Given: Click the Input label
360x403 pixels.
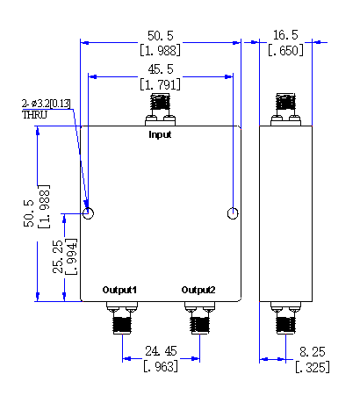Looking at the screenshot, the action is (160, 134).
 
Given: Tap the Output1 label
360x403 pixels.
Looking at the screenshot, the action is (119, 290).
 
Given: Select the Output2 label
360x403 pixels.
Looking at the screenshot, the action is (198, 290).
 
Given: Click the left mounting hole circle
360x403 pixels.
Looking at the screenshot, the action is (89, 213).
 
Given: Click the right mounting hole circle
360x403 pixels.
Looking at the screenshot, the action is (233, 213).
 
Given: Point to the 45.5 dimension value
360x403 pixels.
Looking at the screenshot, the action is (161, 69).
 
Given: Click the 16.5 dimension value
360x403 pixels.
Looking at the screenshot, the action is (285, 35).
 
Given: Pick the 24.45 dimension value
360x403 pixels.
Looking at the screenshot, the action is (161, 351).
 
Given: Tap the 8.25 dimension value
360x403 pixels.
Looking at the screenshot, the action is (313, 352).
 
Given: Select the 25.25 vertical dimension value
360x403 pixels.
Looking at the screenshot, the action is (58, 257).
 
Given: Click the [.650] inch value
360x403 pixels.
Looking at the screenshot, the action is (285, 51).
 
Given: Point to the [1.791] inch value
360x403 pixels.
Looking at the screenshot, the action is (160, 85).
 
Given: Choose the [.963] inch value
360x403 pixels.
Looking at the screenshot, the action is (161, 366).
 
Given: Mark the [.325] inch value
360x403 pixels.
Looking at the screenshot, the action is (313, 367).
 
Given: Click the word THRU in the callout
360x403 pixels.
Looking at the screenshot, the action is (34, 115).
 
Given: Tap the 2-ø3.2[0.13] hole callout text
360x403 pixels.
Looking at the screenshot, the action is (47, 104).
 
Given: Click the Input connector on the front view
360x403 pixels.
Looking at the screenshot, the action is (160, 110).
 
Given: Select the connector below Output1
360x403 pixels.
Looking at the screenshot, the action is (122, 318).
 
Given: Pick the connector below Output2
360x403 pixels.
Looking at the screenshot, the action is (200, 318).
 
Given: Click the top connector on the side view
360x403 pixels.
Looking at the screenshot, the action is (285, 110).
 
